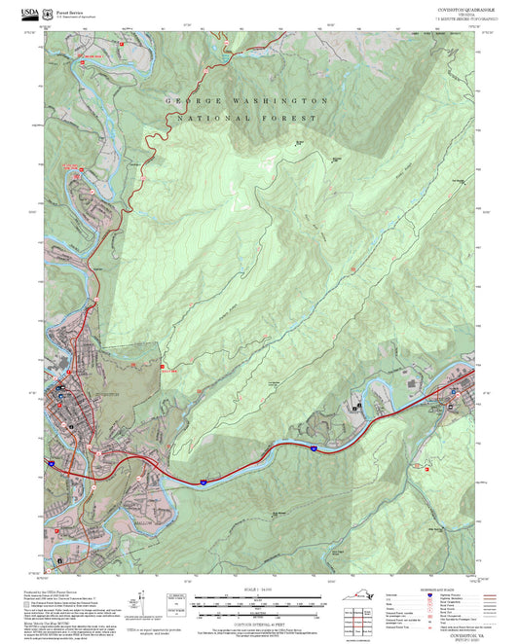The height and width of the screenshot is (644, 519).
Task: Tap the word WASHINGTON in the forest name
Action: (x=281, y=101)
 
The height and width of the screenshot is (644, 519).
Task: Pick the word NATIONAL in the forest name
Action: (x=209, y=118)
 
